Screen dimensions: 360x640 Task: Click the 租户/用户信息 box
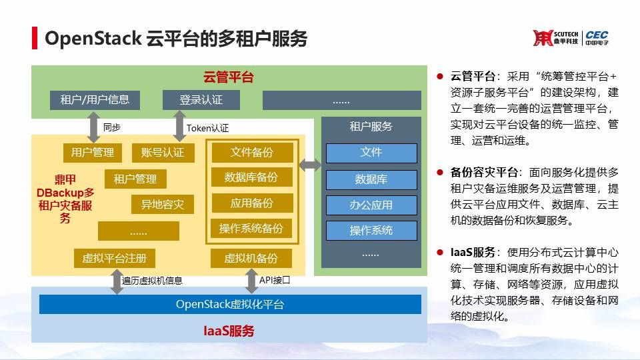point(95,100)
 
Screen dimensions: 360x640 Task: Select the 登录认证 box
point(201,100)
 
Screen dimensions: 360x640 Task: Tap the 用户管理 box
point(93,152)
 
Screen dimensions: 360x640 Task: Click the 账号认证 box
point(163,152)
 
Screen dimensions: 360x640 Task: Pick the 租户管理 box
point(135,179)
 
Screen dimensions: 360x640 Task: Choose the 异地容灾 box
point(163,205)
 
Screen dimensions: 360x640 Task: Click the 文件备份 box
point(252,152)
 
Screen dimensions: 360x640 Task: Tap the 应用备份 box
point(252,203)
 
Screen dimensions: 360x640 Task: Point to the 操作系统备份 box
point(251,229)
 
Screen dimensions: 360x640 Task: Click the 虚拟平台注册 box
point(114,258)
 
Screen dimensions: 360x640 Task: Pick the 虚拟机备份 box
point(251,258)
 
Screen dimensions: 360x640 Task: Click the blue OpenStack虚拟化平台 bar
point(230,304)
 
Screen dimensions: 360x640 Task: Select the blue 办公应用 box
point(371,205)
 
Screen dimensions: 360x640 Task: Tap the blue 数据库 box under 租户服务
point(371,179)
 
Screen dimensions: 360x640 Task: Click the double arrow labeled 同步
point(91,126)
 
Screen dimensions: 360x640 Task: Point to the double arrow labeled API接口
point(251,281)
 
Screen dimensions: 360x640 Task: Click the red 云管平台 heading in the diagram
point(229,77)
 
